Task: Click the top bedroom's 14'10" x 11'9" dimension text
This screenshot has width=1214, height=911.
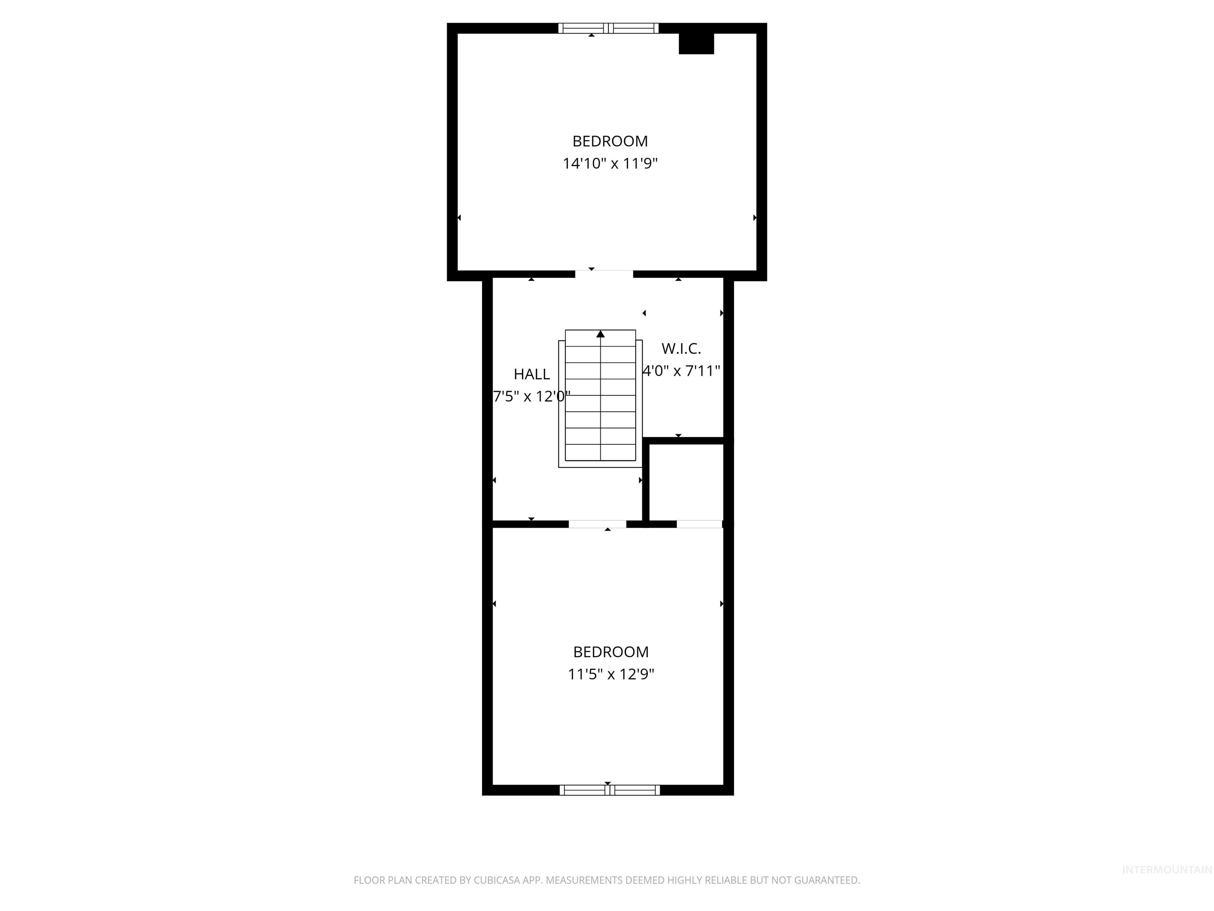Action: tap(610, 164)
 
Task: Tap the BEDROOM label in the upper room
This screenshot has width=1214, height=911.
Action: tap(610, 141)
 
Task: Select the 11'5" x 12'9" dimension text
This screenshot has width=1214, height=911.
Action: tap(611, 674)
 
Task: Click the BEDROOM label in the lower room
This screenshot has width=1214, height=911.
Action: tap(611, 652)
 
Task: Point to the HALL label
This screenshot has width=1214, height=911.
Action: tap(531, 374)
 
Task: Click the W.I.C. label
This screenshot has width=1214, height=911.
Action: tap(681, 348)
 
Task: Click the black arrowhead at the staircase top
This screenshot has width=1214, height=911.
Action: tap(600, 334)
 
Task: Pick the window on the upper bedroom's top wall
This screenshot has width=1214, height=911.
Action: tap(608, 28)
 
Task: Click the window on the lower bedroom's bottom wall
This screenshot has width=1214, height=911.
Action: tap(609, 790)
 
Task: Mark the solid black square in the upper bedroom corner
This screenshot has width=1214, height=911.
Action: tap(696, 43)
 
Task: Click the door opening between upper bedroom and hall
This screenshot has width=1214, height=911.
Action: tap(604, 274)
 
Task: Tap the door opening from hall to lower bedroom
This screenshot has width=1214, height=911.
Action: tap(597, 524)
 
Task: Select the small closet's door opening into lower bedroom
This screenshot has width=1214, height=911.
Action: tap(699, 524)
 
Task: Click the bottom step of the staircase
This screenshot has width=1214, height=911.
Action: tap(600, 452)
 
